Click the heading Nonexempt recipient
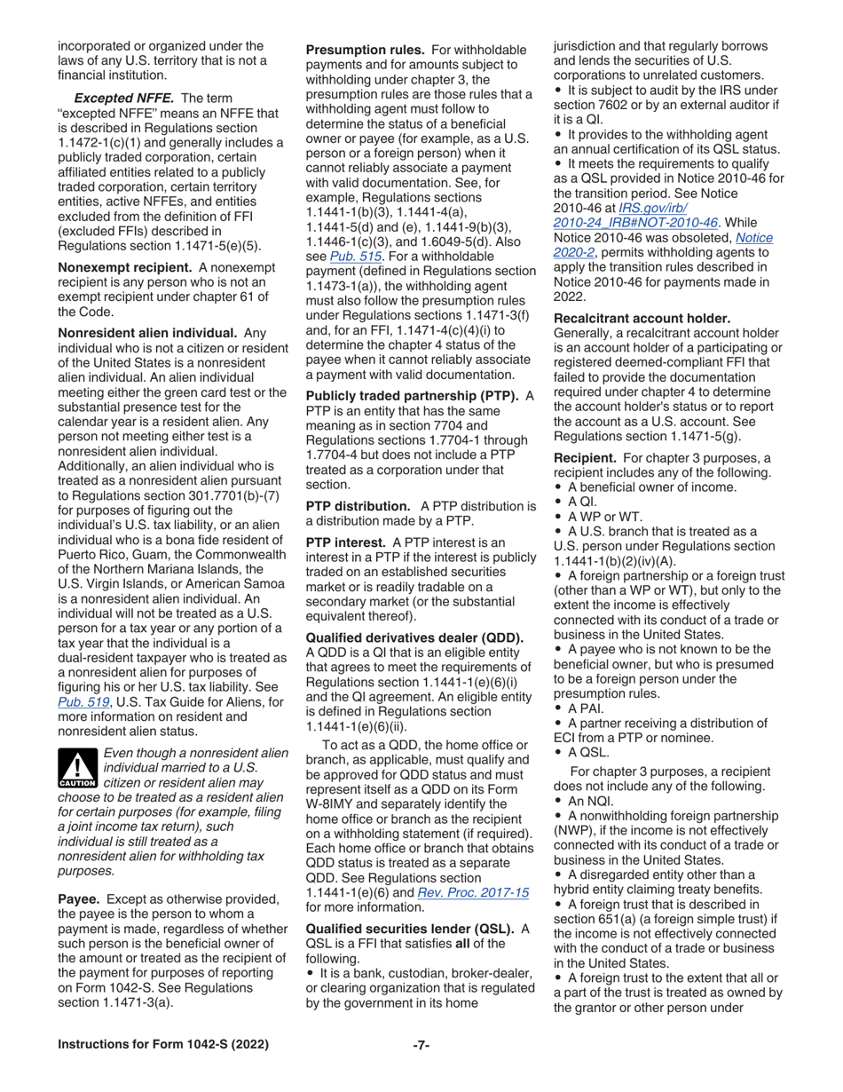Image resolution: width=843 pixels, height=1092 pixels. [x=125, y=291]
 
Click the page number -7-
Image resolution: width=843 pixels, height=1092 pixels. [x=421, y=1045]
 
